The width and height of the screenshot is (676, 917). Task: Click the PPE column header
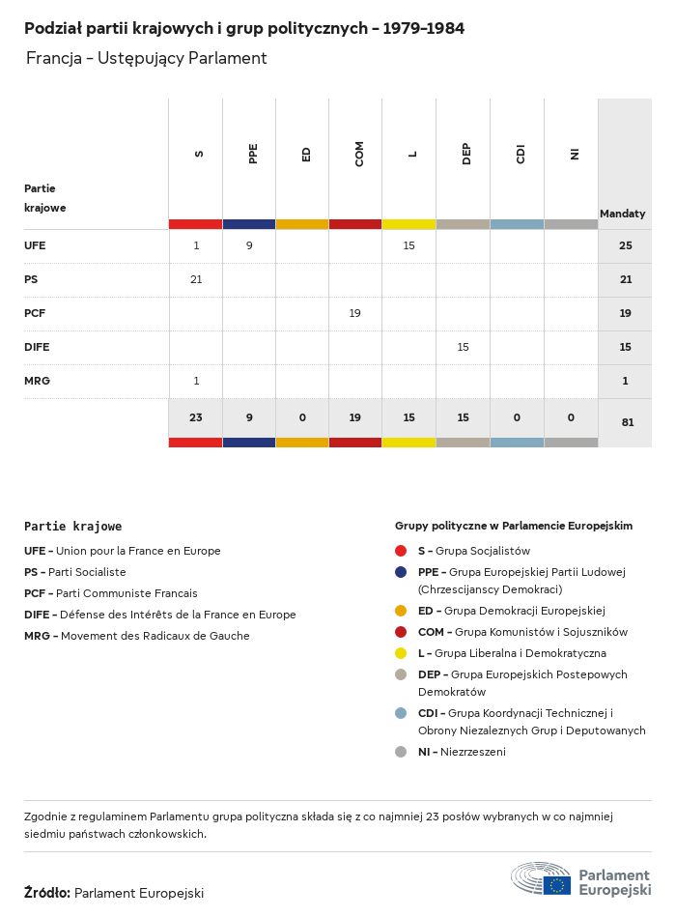point(253,154)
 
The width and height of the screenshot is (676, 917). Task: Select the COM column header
point(359,154)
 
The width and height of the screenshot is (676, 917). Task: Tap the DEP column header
point(466,154)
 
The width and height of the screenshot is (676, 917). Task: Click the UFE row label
point(35,245)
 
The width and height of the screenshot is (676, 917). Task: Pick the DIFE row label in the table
point(37,347)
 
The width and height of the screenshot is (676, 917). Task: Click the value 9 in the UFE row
point(249,245)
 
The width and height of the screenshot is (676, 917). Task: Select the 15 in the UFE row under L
point(408,245)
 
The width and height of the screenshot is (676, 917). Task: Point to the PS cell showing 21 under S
point(196,279)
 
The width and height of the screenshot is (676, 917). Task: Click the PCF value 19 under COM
point(355,313)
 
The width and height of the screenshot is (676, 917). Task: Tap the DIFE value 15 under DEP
point(463,347)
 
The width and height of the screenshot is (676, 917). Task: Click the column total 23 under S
point(196,417)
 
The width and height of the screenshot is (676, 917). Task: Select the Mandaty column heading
point(622,214)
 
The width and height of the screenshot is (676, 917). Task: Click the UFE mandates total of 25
point(625,245)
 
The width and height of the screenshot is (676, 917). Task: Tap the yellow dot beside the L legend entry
point(401,653)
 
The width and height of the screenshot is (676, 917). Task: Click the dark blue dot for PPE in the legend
point(401,572)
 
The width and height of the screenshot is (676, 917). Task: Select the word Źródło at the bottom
point(47,893)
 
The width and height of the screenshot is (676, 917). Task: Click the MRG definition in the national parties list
point(137,636)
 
